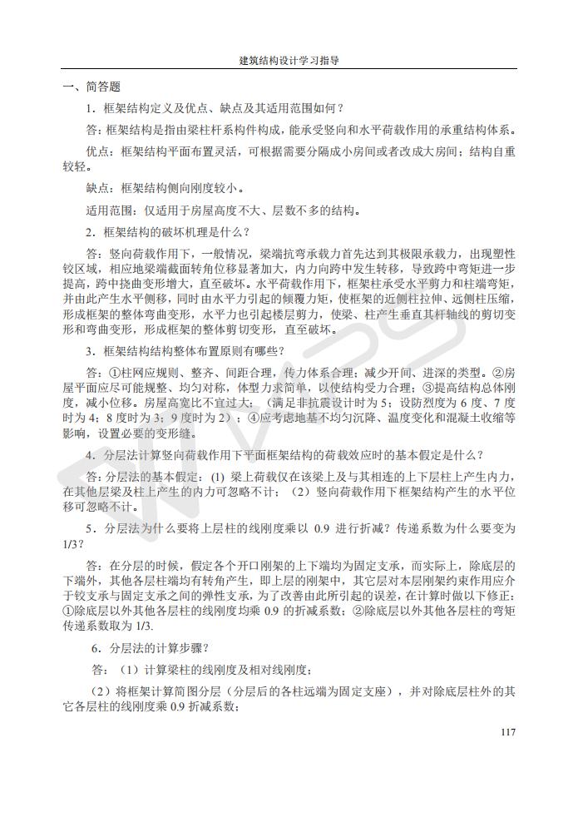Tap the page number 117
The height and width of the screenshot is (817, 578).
509,732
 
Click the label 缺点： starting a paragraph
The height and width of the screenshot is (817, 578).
104,188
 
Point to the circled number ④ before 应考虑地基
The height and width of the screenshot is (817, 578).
253,418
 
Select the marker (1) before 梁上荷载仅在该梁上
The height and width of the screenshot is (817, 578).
218,477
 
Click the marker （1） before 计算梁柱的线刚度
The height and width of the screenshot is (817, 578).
131,670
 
